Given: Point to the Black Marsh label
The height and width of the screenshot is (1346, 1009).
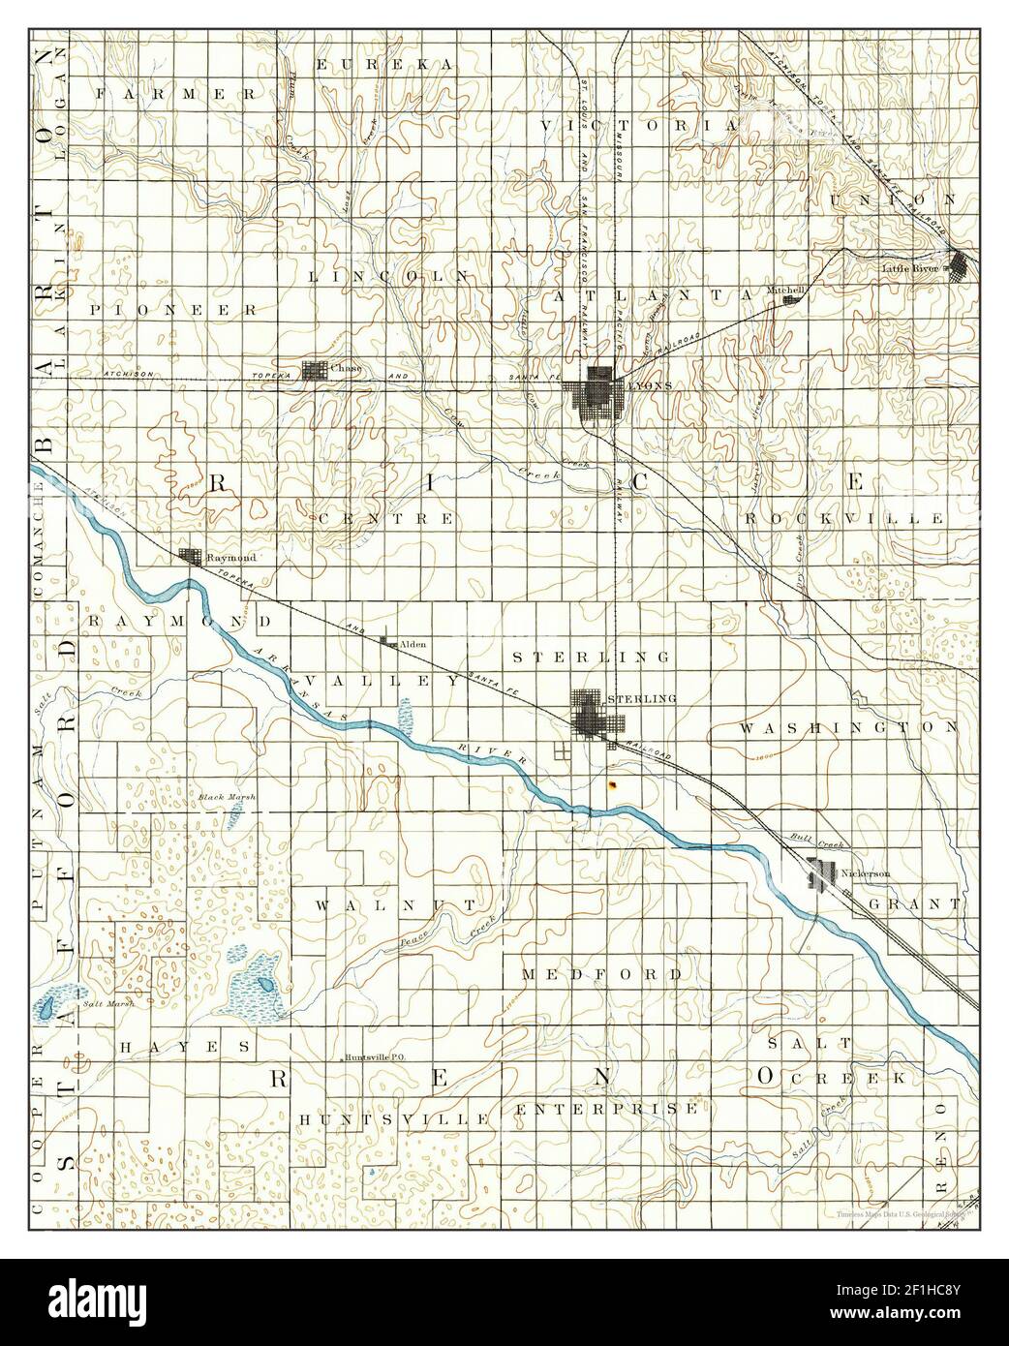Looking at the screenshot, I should pyautogui.click(x=227, y=797).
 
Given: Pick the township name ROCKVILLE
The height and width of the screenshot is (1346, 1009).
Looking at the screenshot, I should pyautogui.click(x=844, y=519).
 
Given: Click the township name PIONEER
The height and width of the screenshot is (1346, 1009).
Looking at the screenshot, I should pyautogui.click(x=173, y=311).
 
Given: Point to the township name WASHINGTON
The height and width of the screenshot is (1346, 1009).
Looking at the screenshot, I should pyautogui.click(x=849, y=725).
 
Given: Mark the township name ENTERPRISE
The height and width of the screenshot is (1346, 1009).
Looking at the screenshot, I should pyautogui.click(x=607, y=1108).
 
